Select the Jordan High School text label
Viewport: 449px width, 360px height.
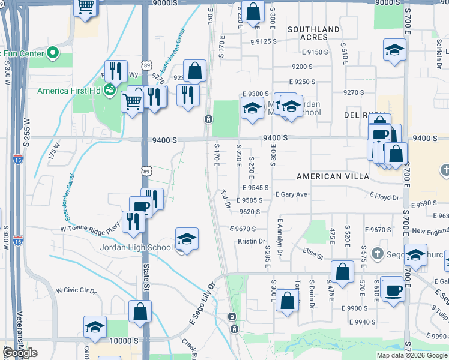(x=137, y=247)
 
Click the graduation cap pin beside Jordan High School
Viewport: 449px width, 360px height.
(x=187, y=240)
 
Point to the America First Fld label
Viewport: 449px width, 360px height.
(x=68, y=91)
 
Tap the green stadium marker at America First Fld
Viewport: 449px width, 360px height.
(x=109, y=91)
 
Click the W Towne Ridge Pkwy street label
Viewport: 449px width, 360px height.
(x=90, y=228)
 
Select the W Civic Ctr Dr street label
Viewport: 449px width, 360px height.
(x=76, y=291)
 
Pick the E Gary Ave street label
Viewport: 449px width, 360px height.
(x=291, y=194)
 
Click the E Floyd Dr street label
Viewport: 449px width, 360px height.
(x=384, y=196)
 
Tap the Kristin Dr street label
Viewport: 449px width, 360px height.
(x=252, y=241)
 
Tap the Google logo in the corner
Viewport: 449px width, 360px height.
(x=20, y=353)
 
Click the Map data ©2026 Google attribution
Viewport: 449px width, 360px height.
(x=412, y=355)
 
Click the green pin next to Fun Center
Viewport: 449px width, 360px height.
(x=53, y=53)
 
